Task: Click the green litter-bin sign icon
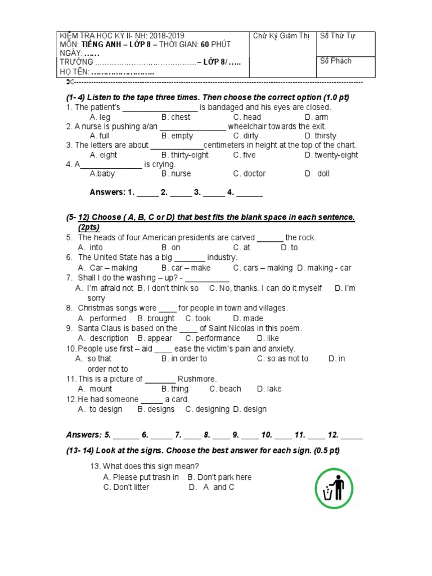point(337,489)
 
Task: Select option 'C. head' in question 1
point(247,117)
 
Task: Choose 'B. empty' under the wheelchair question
point(177,136)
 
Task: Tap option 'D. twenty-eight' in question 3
point(331,155)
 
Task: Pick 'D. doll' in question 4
point(317,173)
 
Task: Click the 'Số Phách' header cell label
point(336,61)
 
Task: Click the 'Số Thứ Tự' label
point(337,36)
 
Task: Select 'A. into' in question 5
point(91,247)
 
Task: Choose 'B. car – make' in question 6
point(186,268)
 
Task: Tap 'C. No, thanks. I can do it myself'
point(265,288)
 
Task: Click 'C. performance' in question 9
point(213,338)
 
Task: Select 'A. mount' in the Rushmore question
point(95,389)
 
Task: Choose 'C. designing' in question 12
point(208,409)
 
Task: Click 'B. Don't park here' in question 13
point(219,477)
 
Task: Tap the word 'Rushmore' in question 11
point(197,379)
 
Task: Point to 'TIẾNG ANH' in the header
point(100,44)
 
